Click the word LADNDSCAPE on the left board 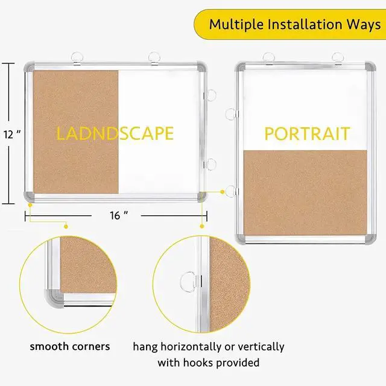[115, 133]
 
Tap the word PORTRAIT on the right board [308, 133]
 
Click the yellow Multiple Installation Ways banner [289, 24]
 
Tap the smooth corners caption [70, 346]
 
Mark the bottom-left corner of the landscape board [29, 196]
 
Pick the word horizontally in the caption [190, 346]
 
